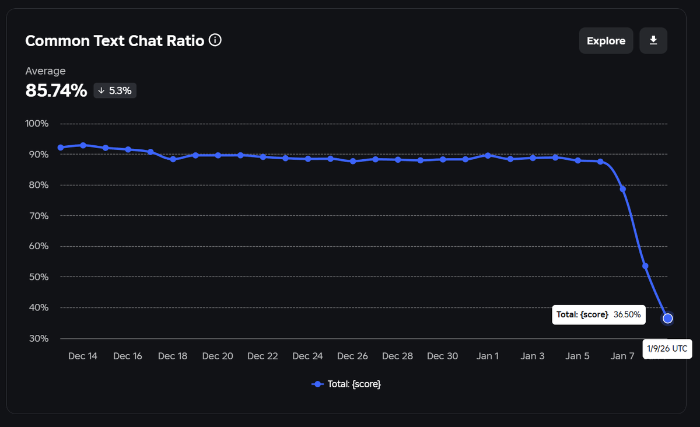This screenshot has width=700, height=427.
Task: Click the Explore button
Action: pos(605,41)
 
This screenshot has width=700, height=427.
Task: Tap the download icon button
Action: pos(653,41)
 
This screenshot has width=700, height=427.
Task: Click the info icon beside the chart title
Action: pos(215,40)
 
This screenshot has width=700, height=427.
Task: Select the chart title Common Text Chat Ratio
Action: pos(115,41)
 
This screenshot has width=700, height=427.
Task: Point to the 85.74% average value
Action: pos(56,90)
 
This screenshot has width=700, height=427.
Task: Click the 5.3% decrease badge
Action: pos(115,91)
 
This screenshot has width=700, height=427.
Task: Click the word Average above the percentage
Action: pos(45,71)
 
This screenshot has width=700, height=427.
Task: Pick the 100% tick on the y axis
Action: pos(37,124)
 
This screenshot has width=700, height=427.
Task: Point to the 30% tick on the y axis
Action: pos(37,338)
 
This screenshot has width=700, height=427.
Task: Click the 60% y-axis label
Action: pos(37,246)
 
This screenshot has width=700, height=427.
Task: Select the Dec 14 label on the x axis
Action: pos(82,356)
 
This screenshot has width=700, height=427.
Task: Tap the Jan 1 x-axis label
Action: pos(488,356)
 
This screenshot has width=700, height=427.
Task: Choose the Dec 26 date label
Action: pos(352,356)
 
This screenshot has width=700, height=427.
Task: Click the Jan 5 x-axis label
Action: pos(577,356)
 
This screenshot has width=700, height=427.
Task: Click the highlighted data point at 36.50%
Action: pos(668,318)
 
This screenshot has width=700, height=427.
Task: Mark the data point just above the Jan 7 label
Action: pos(623,189)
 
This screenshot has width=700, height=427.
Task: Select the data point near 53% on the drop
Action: pos(645,266)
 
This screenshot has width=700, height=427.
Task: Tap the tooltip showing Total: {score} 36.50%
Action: pos(598,314)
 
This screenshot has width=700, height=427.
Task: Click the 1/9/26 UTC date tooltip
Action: pos(667,349)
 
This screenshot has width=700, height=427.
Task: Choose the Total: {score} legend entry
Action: pos(347,384)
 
